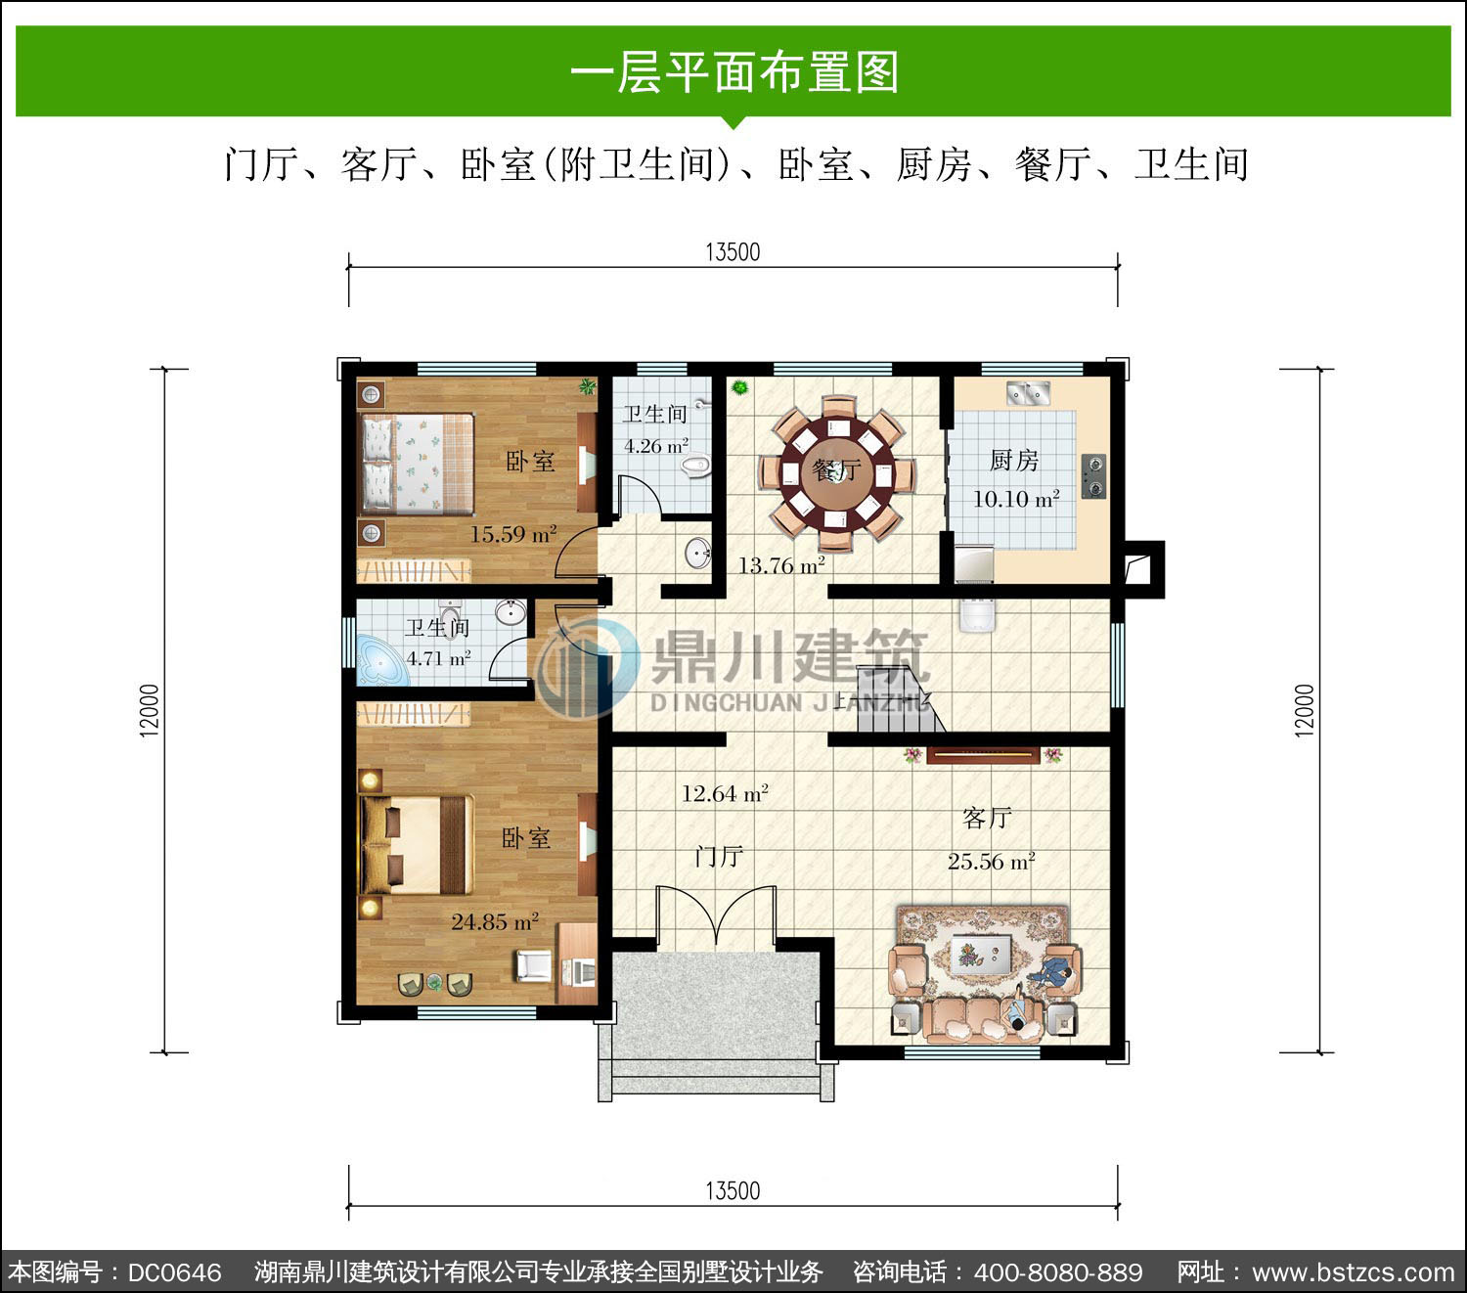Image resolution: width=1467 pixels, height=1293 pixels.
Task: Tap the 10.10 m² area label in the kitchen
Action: pos(1016,499)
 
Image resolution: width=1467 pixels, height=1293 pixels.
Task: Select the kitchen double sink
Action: pos(1028,394)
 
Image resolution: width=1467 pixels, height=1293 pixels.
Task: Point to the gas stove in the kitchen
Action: pos(1093,476)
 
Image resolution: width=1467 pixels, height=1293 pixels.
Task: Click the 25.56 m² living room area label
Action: pos(992,862)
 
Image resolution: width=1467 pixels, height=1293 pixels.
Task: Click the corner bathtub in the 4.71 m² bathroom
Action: pos(380,660)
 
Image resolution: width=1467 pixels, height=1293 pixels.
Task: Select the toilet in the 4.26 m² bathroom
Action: pos(696,465)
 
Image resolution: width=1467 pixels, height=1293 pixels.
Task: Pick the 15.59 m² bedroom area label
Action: pos(513,534)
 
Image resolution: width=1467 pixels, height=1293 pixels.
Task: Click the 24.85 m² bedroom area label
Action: pos(495,921)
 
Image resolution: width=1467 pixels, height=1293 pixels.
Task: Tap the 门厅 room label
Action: pos(718,856)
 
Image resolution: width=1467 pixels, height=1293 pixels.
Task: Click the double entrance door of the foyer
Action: pos(716,914)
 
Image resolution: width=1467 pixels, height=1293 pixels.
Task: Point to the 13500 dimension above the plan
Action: pos(733,252)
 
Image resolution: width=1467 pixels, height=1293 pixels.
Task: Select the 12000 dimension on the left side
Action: pos(150,711)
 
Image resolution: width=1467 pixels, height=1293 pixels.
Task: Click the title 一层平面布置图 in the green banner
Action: pos(734,72)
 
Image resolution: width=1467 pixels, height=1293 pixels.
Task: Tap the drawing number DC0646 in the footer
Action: pos(174,1272)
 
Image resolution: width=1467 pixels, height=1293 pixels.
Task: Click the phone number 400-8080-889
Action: pos(1058,1272)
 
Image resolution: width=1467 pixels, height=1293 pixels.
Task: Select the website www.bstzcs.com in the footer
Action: pos(1354,1272)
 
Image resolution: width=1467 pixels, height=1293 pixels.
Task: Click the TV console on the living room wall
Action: pos(983,756)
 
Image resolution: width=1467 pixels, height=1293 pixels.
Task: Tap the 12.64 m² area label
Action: pos(725,793)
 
